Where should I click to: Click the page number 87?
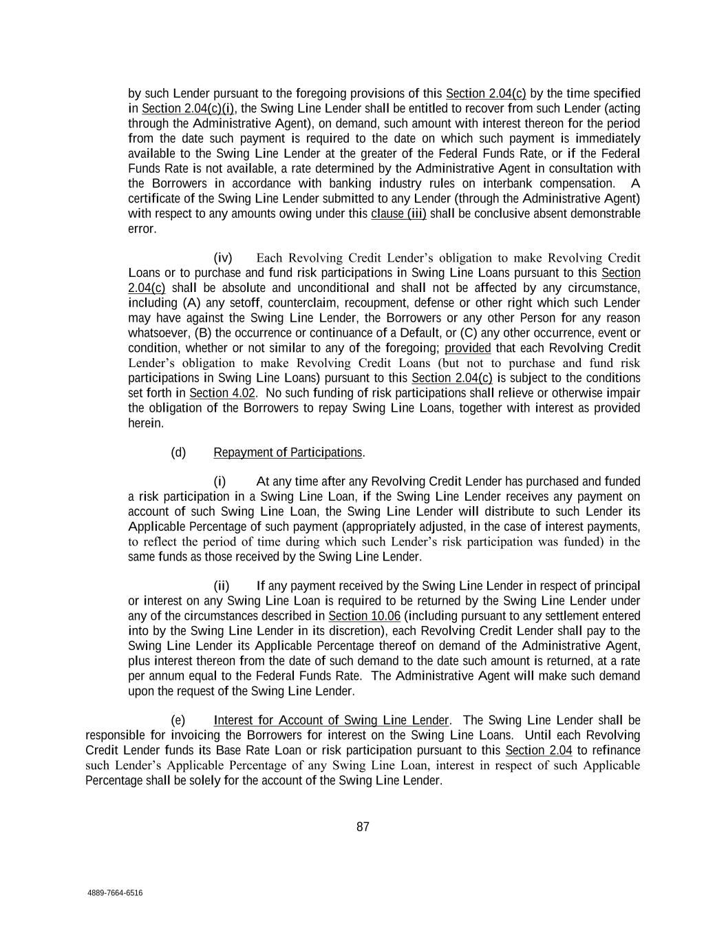click(363, 827)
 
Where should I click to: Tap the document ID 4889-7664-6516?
click(115, 893)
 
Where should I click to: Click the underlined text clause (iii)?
click(398, 213)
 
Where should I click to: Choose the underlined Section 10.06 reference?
click(364, 616)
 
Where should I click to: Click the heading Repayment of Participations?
click(288, 452)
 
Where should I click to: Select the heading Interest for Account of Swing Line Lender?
click(331, 720)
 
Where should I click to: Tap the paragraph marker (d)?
click(178, 452)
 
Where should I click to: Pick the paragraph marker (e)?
click(178, 720)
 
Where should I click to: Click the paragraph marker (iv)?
click(223, 258)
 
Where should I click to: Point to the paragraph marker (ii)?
click(222, 586)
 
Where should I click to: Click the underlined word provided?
click(468, 348)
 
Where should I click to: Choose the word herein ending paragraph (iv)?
click(146, 424)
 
